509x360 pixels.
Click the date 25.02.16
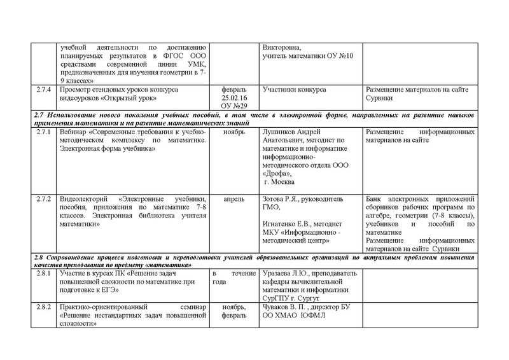(x=234, y=99)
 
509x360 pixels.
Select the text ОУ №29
(x=234, y=107)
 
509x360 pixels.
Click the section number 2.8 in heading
(x=39, y=256)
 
